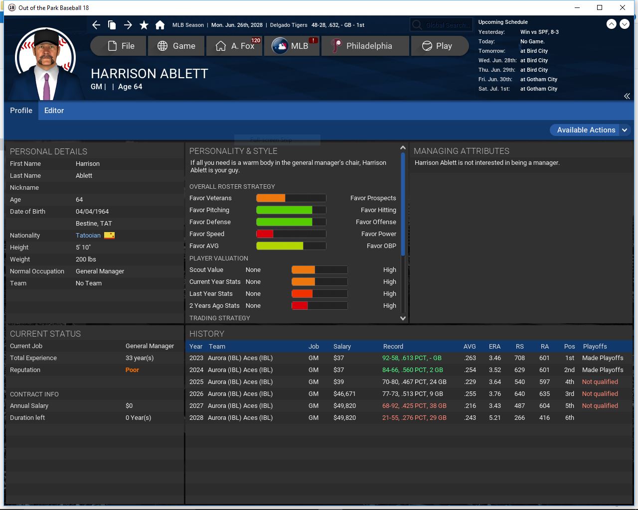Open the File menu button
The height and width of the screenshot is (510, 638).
point(120,46)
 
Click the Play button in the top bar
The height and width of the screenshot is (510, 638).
point(438,46)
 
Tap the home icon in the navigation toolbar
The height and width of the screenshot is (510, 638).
point(160,25)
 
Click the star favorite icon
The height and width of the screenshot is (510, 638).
point(144,25)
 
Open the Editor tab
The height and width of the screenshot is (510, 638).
point(54,111)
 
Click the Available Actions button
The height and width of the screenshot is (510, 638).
point(586,130)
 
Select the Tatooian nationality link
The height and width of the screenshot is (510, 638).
point(88,236)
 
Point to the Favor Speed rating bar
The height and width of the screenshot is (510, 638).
point(291,234)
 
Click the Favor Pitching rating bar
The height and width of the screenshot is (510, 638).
point(291,210)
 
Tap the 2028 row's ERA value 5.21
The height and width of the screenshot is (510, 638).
point(494,418)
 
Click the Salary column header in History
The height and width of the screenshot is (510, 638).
point(342,347)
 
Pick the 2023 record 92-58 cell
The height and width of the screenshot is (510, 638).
point(412,358)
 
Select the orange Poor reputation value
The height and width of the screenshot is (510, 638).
point(132,370)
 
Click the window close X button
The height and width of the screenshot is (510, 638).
point(622,7)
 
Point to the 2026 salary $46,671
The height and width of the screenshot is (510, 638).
point(344,394)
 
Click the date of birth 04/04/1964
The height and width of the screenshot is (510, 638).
point(92,212)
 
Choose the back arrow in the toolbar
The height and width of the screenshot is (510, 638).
point(96,25)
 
